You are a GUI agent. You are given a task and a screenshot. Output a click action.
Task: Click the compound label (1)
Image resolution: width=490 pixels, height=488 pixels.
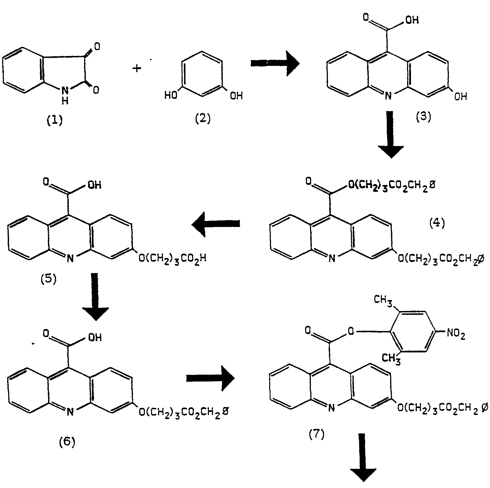pos(55,120)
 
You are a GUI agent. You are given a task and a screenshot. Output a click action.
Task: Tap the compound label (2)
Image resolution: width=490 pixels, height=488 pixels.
pos(203,119)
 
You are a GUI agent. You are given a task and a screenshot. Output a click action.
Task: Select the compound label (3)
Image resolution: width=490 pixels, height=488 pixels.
pos(423,117)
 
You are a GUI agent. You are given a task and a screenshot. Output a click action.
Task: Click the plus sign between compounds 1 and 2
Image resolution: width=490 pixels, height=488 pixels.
pos(136,68)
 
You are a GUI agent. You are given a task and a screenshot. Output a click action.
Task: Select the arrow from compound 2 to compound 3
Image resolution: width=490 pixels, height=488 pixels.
pos(275,63)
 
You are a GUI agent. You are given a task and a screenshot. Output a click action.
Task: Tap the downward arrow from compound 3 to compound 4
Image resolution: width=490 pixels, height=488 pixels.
pos(391,134)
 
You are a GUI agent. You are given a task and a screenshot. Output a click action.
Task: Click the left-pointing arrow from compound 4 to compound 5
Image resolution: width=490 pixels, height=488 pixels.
pos(216,224)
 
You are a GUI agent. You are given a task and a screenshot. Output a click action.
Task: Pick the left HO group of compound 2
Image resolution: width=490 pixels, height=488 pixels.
pos(171,96)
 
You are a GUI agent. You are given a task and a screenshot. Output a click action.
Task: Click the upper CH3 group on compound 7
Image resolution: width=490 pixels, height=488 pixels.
pos(383,300)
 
